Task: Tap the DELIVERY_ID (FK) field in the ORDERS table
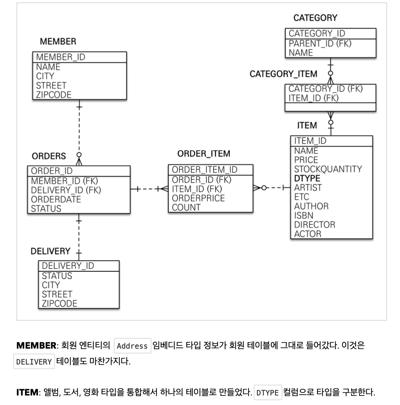click(66, 190)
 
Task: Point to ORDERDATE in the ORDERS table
click(56, 199)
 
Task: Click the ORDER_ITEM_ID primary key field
click(204, 170)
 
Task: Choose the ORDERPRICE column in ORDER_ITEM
click(198, 198)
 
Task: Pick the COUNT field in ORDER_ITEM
click(186, 207)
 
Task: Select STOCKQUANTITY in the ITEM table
click(328, 169)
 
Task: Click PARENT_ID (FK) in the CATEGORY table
click(320, 43)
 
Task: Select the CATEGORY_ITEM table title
click(283, 74)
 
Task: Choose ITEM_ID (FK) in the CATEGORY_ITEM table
click(313, 98)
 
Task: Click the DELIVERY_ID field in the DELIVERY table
click(68, 265)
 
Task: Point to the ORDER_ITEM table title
click(204, 154)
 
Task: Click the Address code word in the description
click(132, 345)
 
